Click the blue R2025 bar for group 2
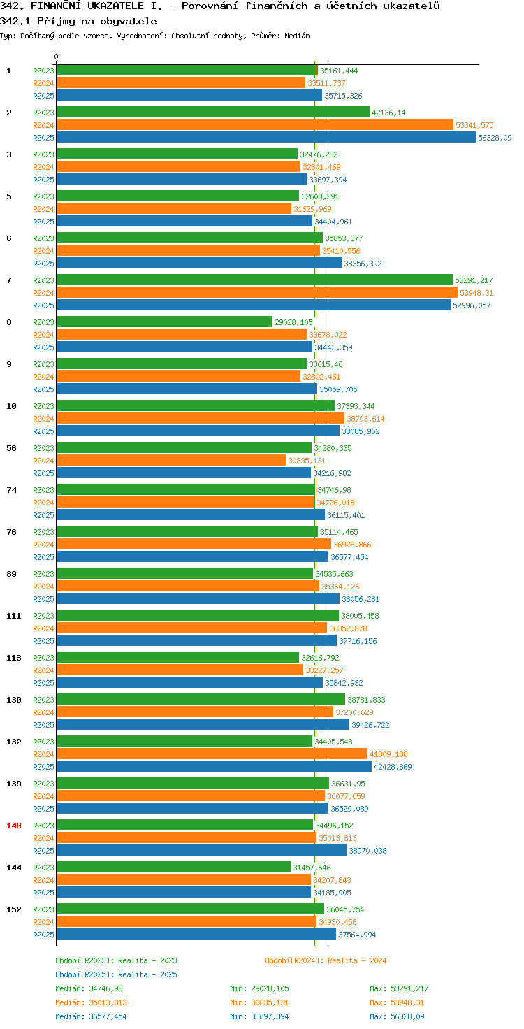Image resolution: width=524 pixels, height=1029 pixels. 266,137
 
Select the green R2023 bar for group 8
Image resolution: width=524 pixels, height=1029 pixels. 164,322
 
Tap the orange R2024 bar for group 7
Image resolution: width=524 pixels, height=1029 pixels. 257,293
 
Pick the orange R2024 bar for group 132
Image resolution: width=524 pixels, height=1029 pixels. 212,754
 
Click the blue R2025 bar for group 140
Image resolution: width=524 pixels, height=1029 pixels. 202,850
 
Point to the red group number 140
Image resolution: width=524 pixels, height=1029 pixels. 14,826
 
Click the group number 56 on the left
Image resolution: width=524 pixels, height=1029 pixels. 11,448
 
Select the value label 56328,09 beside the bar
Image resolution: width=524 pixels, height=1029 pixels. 495,138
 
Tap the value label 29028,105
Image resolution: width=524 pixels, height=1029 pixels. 293,322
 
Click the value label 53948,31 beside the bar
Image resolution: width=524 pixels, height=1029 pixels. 476,293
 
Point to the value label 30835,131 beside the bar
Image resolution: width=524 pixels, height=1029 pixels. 307,461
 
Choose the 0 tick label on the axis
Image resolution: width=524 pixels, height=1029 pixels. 56,57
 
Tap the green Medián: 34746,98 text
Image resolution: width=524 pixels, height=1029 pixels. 89,988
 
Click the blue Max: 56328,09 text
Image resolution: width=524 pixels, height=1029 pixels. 397,1016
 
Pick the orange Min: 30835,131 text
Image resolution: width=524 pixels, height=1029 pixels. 259,1002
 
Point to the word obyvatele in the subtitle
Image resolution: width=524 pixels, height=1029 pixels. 129,22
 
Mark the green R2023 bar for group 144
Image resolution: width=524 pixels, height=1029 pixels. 173,867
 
